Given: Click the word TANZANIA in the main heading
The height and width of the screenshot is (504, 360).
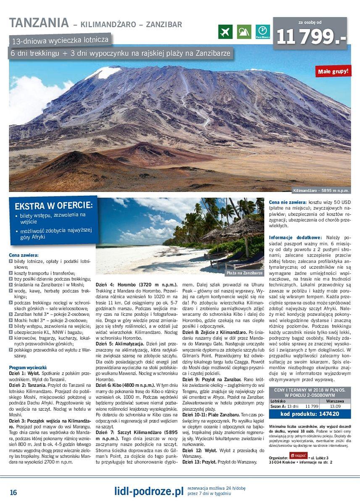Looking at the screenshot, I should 39,23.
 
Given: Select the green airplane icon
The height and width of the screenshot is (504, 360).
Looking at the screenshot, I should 226,32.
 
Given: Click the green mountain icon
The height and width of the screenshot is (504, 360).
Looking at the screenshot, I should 244,32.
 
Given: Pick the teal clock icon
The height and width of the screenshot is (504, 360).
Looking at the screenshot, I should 263,31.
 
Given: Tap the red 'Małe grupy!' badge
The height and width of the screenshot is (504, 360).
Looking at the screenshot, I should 333,71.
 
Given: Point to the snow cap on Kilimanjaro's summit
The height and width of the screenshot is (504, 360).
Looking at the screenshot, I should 104,73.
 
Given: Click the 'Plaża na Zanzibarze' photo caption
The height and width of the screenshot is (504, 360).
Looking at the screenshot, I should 244,273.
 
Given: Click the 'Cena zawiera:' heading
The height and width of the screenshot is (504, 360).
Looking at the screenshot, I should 24,255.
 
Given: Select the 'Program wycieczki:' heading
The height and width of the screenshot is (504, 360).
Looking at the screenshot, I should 28,367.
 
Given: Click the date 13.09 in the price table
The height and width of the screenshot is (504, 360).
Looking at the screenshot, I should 335,407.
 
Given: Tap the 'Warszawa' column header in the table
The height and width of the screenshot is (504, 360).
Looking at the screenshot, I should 335,401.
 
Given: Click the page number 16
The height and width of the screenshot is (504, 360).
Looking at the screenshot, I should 13,492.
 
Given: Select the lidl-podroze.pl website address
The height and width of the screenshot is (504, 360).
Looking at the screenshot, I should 149,491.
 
